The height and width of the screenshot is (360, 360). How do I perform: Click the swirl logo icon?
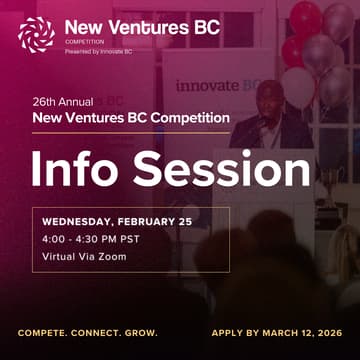coord(36,33)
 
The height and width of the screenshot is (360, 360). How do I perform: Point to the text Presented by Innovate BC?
coord(99,51)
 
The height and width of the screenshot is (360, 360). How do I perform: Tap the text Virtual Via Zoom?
coord(84,256)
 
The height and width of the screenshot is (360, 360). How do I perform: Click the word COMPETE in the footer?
coord(46,332)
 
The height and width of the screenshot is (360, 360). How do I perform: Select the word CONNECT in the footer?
coord(102,332)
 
